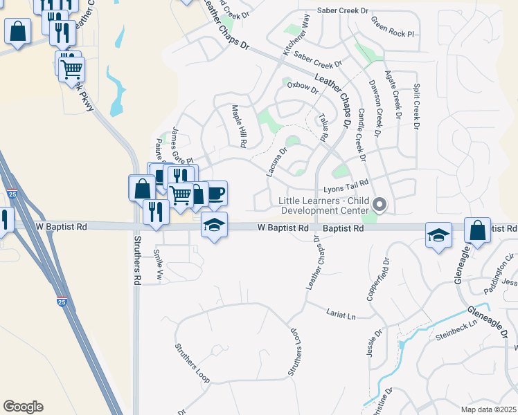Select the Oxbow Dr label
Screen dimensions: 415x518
pos(303,89)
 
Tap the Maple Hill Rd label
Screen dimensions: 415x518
pos(239,127)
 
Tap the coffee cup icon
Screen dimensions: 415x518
pos(216,192)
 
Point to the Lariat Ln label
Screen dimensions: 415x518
pos(341,313)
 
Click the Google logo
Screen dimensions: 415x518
pos(23,407)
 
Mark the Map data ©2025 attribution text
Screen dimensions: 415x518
pos(488,409)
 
